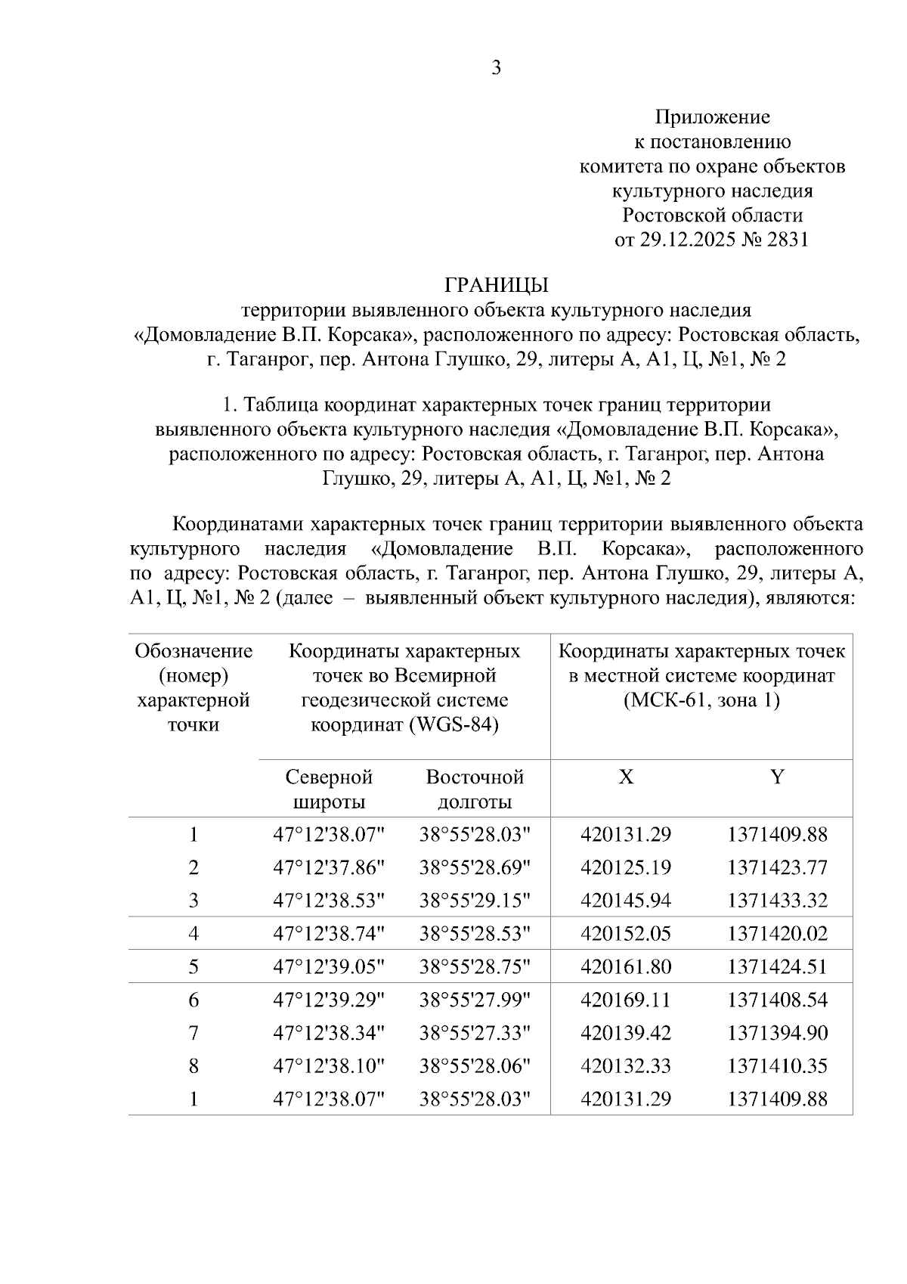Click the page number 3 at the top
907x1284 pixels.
(496, 68)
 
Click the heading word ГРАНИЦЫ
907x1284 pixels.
(496, 285)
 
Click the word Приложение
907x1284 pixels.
(712, 117)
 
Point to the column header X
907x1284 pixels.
(626, 777)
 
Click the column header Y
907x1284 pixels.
(777, 777)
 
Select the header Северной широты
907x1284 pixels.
(329, 789)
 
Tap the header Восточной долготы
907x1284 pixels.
(475, 789)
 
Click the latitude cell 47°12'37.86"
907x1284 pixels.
(329, 867)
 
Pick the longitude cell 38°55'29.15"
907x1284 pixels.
(475, 901)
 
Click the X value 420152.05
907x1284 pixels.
(626, 934)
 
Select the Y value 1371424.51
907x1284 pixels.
(777, 966)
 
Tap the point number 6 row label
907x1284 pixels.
(193, 1000)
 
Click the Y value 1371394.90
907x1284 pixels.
(777, 1033)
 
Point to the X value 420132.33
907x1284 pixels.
(626, 1066)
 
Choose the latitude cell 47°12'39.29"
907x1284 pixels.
(329, 1000)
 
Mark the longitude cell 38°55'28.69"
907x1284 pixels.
(475, 867)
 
